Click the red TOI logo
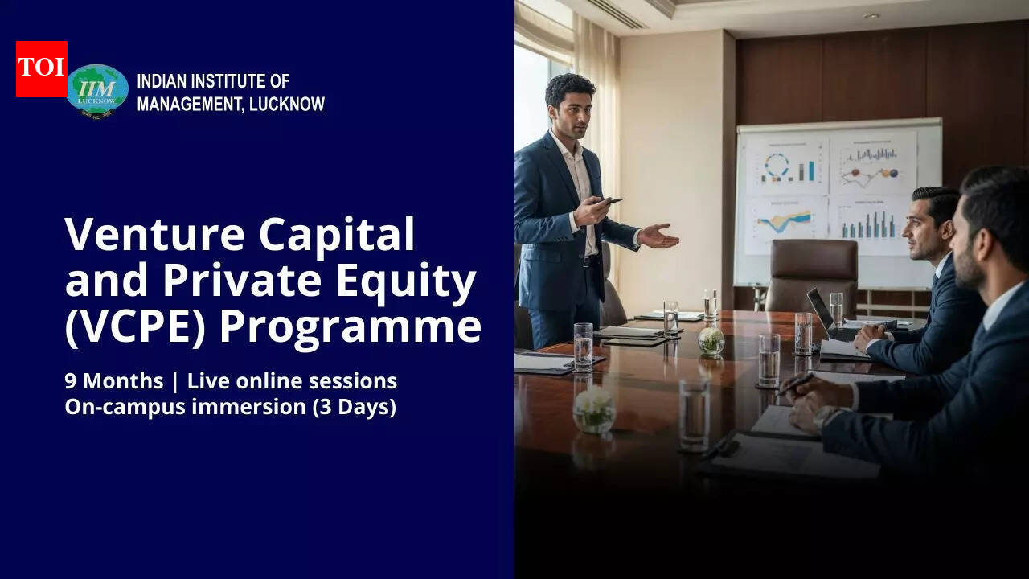click(41, 69)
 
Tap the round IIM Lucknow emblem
click(97, 90)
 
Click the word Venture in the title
click(154, 235)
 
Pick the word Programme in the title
click(351, 328)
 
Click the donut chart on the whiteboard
click(777, 166)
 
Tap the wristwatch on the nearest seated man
click(821, 417)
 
